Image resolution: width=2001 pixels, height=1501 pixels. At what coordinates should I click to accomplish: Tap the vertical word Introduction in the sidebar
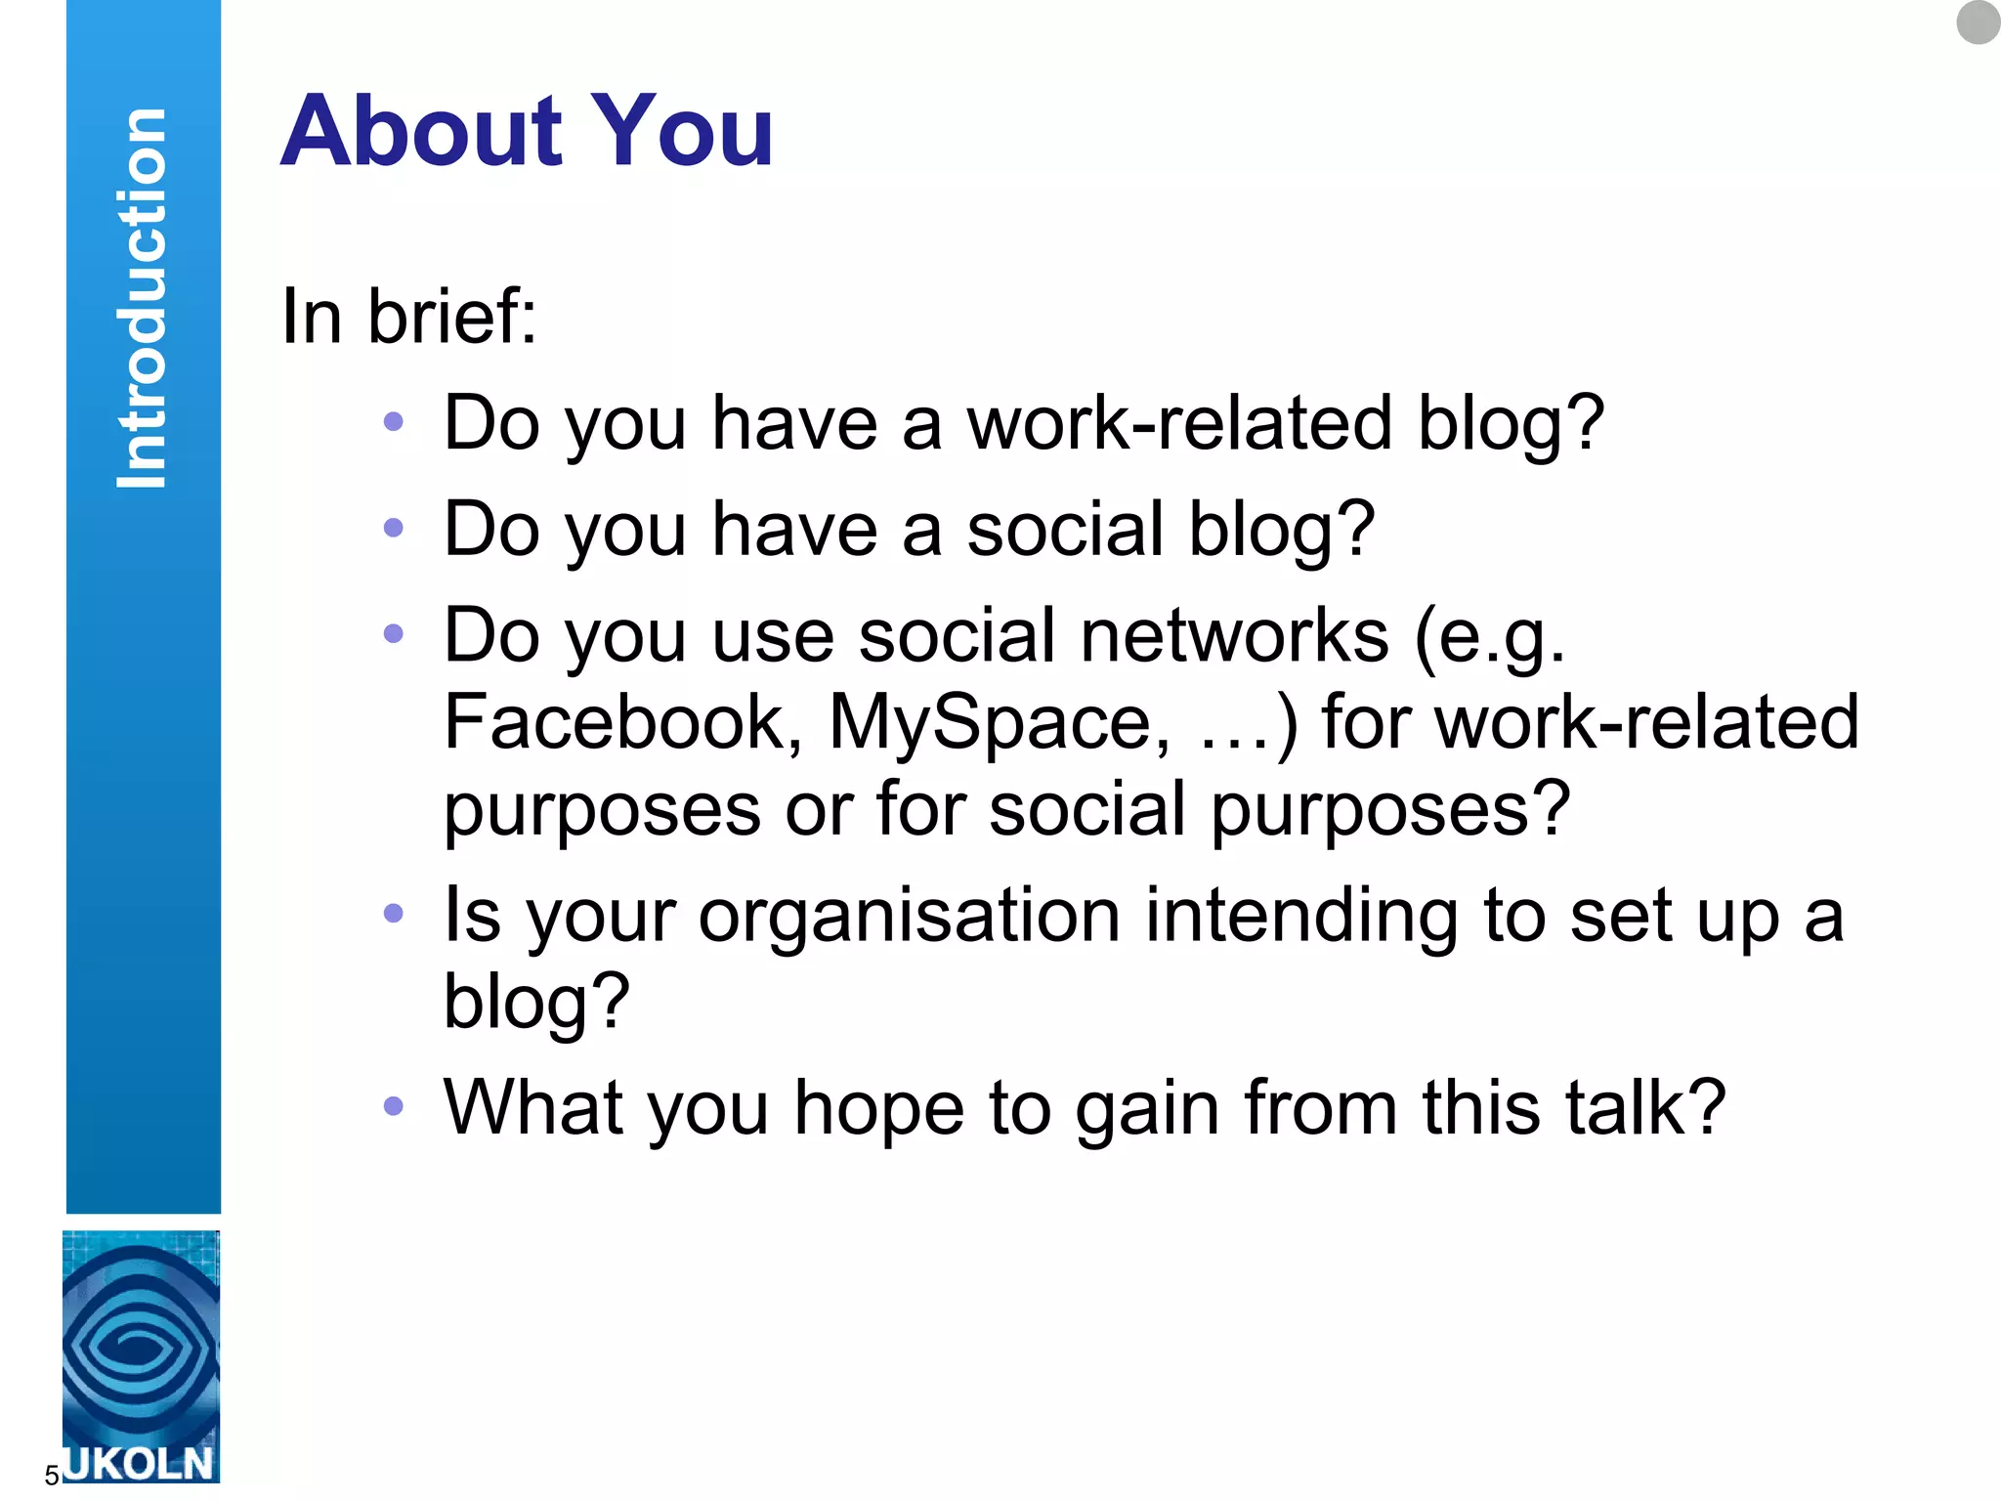tap(143, 298)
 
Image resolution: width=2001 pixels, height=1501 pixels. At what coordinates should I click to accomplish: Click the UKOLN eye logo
tap(141, 1344)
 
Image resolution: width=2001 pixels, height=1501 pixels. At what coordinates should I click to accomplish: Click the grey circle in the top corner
tap(1978, 21)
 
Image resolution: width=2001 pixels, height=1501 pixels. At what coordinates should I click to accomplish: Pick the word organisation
tap(909, 916)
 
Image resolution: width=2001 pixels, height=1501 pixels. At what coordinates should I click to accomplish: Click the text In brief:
tap(408, 317)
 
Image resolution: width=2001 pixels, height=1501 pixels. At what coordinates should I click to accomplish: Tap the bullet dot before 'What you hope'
tap(394, 1106)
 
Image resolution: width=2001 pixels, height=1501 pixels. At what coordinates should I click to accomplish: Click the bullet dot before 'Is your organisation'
tap(394, 914)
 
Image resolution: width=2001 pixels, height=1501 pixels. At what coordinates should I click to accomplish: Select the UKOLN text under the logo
tap(140, 1463)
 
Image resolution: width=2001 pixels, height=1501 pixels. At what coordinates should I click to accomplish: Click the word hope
tap(878, 1109)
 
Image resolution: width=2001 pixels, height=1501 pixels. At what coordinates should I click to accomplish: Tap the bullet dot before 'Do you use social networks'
tap(394, 634)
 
